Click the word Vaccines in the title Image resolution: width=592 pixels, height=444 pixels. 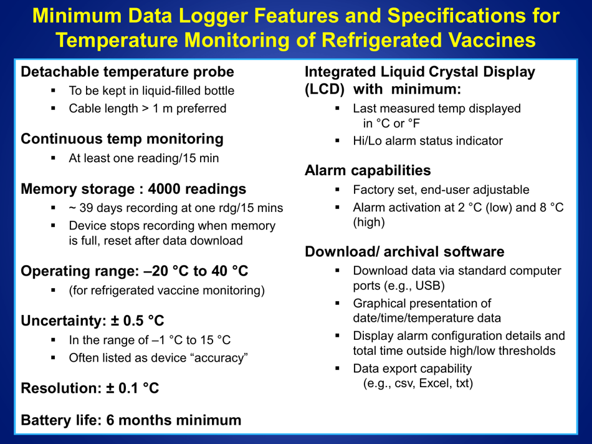pyautogui.click(x=492, y=40)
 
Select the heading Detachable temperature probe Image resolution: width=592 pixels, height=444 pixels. pyautogui.click(x=128, y=71)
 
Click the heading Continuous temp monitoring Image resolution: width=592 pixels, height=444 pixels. pyautogui.click(x=122, y=138)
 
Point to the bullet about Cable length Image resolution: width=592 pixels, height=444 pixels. pyautogui.click(x=148, y=109)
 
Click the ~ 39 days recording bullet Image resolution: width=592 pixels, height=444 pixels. pyautogui.click(x=176, y=208)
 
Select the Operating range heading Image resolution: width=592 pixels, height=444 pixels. pyautogui.click(x=135, y=271)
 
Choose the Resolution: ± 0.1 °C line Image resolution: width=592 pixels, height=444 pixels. pyautogui.click(x=90, y=388)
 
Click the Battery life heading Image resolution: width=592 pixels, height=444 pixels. pyautogui.click(x=131, y=420)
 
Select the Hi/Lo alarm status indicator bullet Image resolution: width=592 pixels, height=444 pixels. pyautogui.click(x=427, y=141)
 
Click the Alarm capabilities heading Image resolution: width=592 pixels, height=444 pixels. pyautogui.click(x=368, y=170)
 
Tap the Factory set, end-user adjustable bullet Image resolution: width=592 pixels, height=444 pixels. pyautogui.click(x=441, y=190)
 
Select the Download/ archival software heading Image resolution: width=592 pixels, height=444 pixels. pyautogui.click(x=404, y=252)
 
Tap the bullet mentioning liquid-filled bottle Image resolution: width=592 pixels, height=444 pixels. pyautogui.click(x=151, y=90)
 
